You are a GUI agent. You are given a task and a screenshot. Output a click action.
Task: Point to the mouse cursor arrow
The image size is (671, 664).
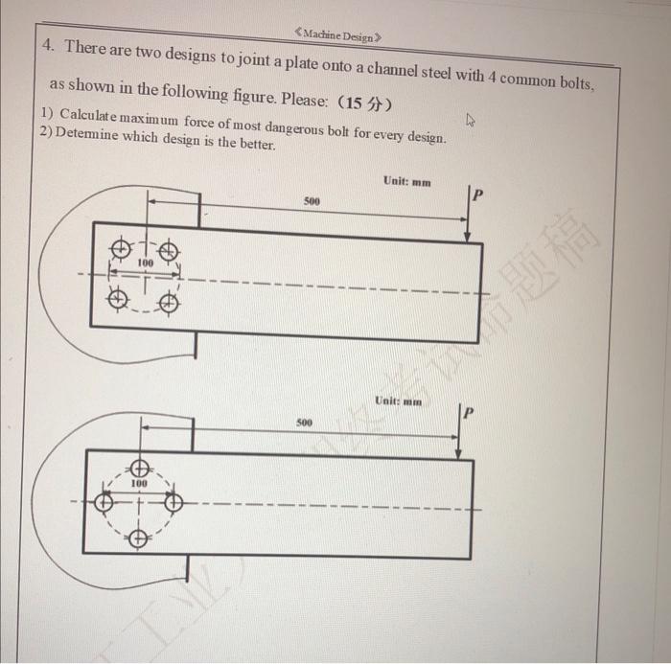[x=469, y=121]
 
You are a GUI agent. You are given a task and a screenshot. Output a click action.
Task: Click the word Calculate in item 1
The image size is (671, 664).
[x=97, y=115]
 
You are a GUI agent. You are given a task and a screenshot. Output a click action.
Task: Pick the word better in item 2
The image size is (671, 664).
[x=255, y=145]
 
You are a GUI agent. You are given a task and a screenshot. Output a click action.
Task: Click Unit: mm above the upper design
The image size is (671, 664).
[x=406, y=181]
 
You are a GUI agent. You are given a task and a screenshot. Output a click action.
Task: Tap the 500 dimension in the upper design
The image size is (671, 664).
[x=312, y=202]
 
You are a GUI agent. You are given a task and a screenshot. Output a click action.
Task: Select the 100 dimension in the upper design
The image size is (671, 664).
[x=145, y=262]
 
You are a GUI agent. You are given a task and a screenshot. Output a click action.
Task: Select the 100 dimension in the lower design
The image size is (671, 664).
[x=139, y=485]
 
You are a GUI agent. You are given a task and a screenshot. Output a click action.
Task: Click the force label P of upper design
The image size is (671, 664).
[x=479, y=195]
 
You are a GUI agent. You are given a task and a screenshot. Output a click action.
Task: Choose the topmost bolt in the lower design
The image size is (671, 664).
[x=139, y=469]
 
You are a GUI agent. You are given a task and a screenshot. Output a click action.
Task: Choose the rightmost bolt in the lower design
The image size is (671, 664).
[x=174, y=501]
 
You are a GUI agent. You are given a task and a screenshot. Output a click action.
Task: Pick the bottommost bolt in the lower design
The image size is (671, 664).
[x=139, y=539]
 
